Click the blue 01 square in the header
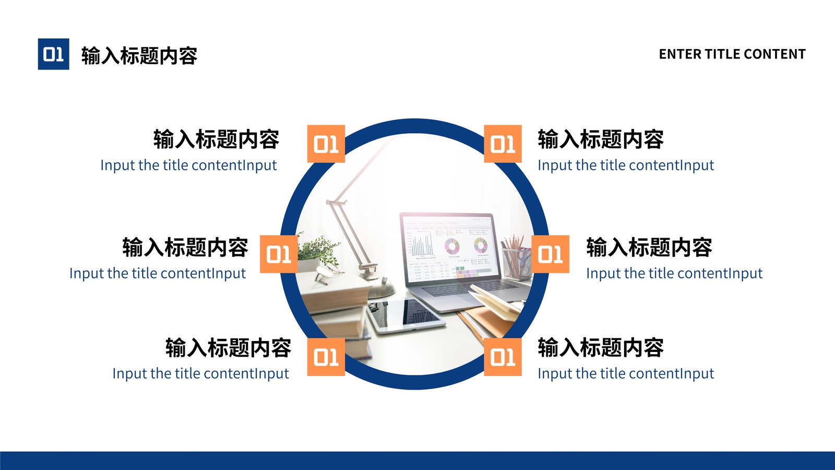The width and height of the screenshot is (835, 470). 53,54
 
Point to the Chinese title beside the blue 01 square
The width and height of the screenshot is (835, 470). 139,55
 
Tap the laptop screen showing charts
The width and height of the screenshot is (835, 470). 450,248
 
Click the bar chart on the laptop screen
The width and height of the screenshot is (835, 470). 423,244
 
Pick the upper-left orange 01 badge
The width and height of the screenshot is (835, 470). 326,144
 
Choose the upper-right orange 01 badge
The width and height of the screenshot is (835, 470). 503,144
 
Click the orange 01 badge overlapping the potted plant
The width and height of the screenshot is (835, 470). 279,254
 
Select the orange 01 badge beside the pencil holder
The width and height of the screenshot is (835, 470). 550,254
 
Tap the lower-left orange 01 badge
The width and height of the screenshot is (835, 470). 326,357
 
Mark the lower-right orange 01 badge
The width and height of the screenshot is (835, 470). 503,357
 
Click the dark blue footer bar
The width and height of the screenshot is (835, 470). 417,461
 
